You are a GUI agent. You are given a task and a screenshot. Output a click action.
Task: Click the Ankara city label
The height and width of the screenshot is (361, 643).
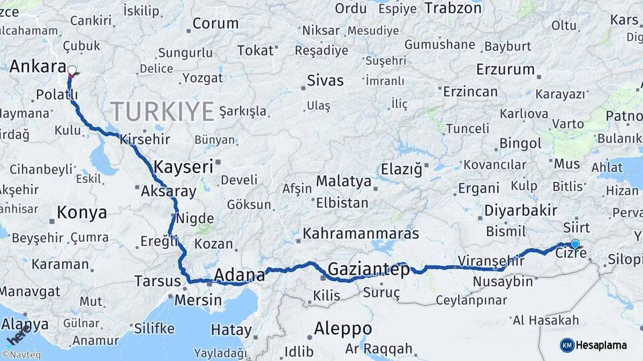(x=38, y=68)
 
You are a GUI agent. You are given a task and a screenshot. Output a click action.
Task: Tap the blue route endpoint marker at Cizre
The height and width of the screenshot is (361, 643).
(x=575, y=245)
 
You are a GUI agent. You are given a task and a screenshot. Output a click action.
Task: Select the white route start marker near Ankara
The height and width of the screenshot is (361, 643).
(x=72, y=70)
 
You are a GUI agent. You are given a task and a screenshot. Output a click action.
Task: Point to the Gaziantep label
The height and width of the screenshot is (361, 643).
(x=368, y=270)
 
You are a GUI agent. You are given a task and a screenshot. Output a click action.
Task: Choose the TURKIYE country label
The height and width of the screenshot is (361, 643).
(x=162, y=110)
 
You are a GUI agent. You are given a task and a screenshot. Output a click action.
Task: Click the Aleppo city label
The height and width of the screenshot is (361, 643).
(x=343, y=329)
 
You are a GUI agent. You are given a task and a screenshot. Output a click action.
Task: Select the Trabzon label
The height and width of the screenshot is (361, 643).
(x=453, y=8)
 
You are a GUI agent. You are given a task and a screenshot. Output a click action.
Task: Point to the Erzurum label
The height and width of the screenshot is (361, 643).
(x=505, y=70)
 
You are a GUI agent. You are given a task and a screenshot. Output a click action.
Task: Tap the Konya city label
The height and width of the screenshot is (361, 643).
(x=82, y=213)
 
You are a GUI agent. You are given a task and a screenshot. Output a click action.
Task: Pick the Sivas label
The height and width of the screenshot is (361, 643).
(x=325, y=81)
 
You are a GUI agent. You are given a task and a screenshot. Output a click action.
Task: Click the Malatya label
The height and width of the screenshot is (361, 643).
(x=343, y=181)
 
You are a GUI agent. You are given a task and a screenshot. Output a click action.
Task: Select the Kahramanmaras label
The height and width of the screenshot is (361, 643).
(x=361, y=234)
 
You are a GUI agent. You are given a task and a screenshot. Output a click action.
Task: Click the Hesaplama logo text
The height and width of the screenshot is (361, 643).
(x=601, y=345)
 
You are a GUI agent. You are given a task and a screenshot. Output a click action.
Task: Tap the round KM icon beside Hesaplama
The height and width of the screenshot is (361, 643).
(x=567, y=345)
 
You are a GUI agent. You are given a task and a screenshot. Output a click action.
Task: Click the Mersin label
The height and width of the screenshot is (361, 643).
(x=198, y=300)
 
